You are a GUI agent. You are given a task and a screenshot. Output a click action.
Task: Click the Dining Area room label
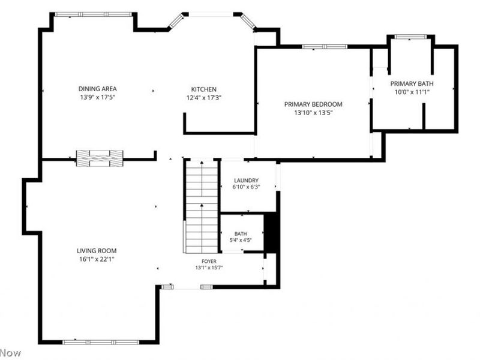coord(97,89)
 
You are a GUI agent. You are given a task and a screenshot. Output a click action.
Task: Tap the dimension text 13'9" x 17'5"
coord(97,97)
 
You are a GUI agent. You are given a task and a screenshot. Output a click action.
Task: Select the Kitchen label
coord(203,89)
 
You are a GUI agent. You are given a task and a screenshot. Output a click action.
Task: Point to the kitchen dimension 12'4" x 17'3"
coord(203,98)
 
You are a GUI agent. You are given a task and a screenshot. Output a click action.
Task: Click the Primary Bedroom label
coord(313,104)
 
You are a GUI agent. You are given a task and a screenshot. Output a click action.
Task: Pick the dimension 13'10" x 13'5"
coord(313,113)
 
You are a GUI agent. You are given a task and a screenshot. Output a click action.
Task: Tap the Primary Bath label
coord(412,83)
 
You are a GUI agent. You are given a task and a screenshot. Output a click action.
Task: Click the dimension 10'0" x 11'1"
coord(412,92)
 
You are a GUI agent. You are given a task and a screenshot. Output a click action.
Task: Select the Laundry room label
coord(246,181)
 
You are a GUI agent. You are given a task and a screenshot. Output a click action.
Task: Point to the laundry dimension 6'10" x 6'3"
coord(246,187)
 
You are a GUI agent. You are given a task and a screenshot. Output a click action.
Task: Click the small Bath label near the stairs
coord(241,233)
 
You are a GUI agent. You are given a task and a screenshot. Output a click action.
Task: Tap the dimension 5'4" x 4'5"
coord(241,240)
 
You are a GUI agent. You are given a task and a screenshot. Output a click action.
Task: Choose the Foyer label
coord(209,261)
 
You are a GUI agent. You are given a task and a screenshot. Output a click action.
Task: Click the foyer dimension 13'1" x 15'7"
coord(209,268)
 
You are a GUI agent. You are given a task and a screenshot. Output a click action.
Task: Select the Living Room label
coord(97,251)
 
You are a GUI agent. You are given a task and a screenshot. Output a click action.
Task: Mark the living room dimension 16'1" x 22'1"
coord(97,259)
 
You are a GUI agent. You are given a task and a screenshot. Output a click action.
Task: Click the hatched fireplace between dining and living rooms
coord(100,158)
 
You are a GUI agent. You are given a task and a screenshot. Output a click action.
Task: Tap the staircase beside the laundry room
coord(202,206)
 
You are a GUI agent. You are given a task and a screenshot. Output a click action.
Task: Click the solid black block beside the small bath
coord(271,232)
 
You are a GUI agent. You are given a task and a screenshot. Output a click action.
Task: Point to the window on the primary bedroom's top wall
coord(325,47)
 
